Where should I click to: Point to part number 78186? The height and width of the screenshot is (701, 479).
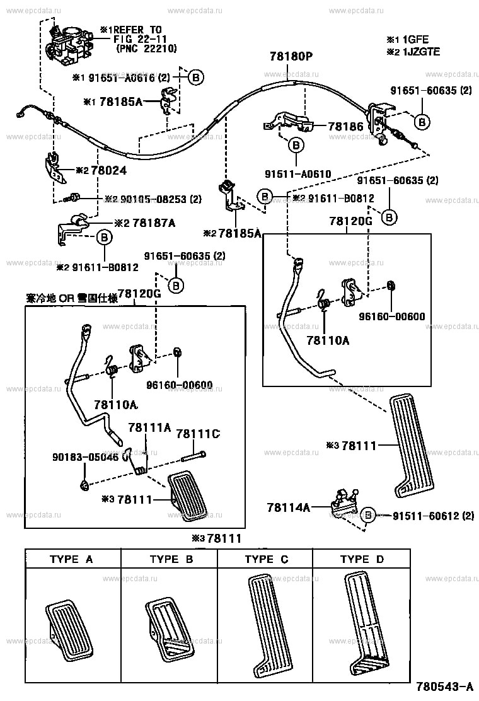[345, 127]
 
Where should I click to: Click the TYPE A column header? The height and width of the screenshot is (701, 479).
[72, 559]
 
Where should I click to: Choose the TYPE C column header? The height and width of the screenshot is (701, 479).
[266, 559]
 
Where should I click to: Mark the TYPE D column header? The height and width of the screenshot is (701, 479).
[362, 559]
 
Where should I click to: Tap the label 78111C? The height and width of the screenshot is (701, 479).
[198, 434]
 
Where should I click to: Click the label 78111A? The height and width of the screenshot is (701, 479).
[150, 427]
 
